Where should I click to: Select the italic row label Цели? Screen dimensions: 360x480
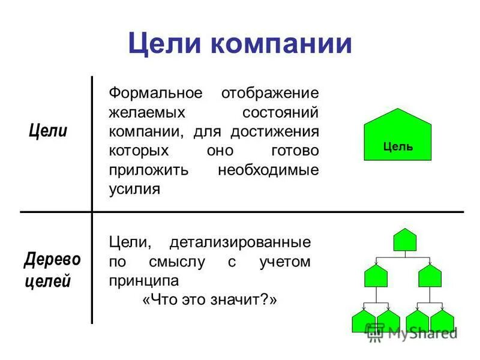pyautogui.click(x=48, y=131)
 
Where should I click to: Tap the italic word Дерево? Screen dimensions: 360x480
pyautogui.click(x=52, y=260)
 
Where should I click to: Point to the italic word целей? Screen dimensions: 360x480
pyautogui.click(x=47, y=281)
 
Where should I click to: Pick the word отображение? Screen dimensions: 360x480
pyautogui.click(x=270, y=94)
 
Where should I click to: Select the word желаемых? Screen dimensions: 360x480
pyautogui.click(x=146, y=113)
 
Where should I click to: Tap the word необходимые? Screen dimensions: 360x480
pyautogui.click(x=268, y=170)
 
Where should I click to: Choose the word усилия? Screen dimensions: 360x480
pyautogui.click(x=134, y=189)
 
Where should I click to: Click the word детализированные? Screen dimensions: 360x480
pyautogui.click(x=241, y=242)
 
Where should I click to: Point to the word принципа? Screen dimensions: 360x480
pyautogui.click(x=144, y=281)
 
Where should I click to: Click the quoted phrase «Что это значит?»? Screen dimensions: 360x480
pyautogui.click(x=210, y=300)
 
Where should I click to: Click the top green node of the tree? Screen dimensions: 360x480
pyautogui.click(x=405, y=240)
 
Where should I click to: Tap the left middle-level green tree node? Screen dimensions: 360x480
pyautogui.click(x=376, y=275)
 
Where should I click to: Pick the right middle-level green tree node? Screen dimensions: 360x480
pyautogui.click(x=430, y=275)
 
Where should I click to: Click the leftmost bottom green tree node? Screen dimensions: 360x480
pyautogui.click(x=363, y=321)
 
